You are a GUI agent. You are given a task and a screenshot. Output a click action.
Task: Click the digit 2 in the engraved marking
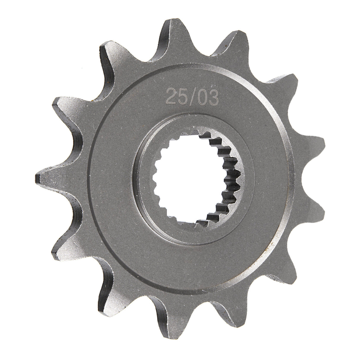(171, 97)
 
